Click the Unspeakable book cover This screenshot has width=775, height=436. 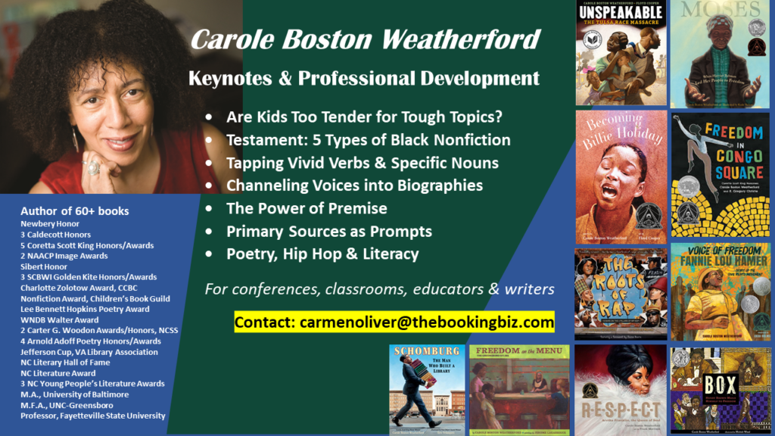621,53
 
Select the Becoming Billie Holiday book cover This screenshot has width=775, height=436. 621,176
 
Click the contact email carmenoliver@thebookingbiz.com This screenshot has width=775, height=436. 394,322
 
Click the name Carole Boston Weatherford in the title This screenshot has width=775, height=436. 365,39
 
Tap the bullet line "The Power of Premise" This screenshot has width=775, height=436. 307,208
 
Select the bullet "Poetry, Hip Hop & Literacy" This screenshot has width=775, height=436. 322,254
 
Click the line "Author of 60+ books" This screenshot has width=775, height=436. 75,211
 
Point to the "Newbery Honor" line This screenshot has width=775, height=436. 51,224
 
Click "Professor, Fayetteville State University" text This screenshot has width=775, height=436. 93,416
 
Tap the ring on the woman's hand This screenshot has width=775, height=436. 93,168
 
